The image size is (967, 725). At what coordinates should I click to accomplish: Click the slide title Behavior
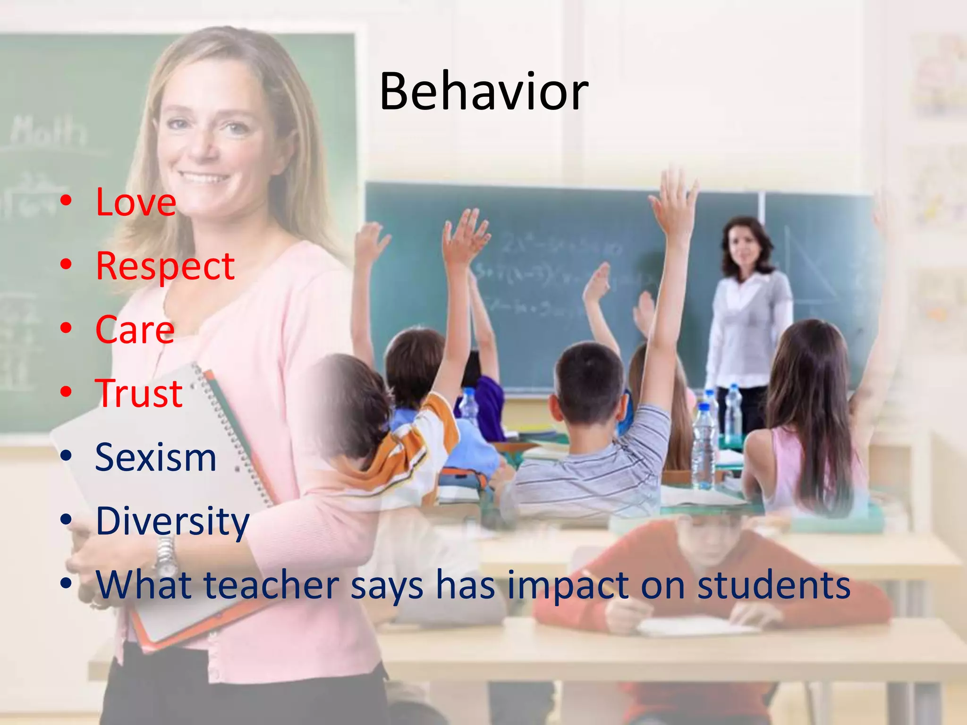pos(484,92)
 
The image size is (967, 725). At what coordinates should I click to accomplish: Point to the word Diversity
pos(172,521)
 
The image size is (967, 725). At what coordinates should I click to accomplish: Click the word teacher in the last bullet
pos(271,585)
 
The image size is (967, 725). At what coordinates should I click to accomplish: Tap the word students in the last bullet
pos(774,585)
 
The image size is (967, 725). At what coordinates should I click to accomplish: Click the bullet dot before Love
pos(66,201)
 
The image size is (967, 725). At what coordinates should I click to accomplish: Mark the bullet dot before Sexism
pos(66,456)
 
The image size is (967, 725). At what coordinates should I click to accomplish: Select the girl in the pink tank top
pos(807,425)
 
